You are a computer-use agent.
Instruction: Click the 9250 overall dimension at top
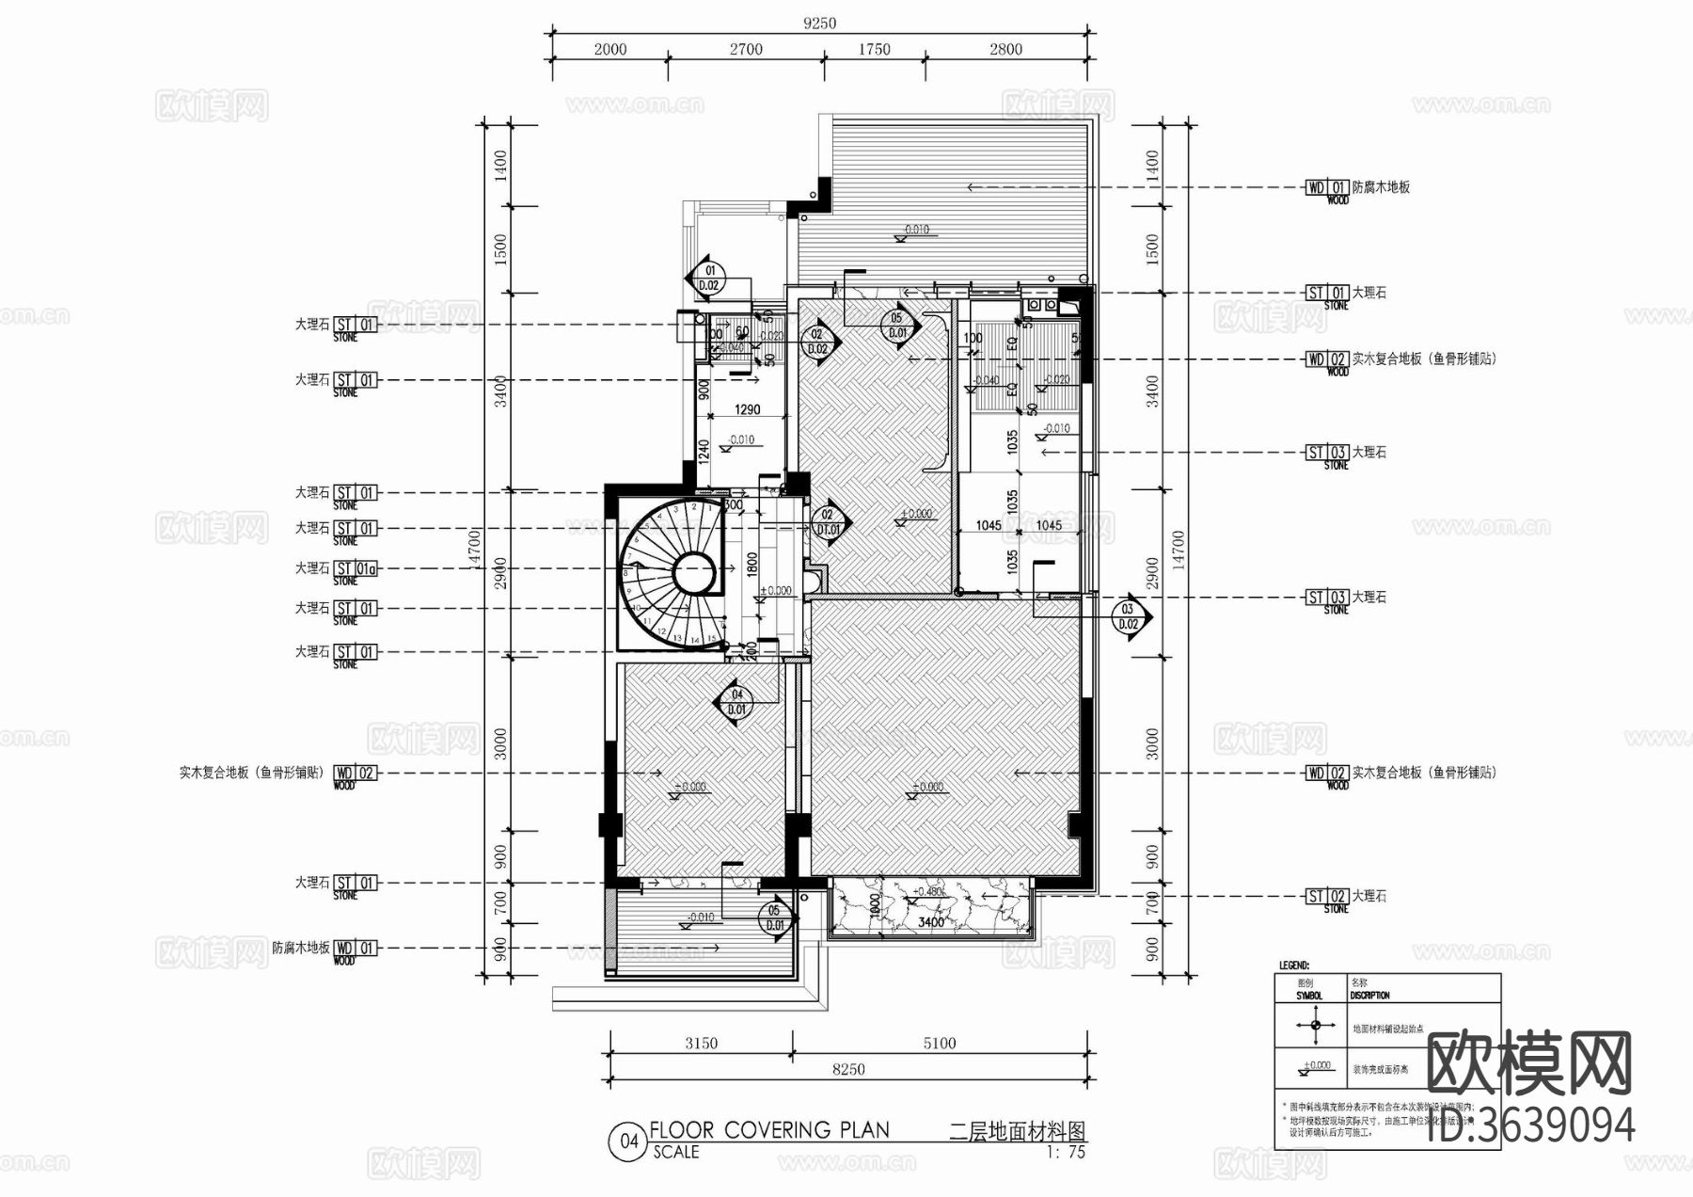tap(819, 23)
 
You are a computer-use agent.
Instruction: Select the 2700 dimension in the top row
tap(746, 49)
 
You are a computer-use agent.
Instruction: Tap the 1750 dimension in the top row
tap(874, 49)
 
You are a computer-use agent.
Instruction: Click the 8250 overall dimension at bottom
tap(848, 1069)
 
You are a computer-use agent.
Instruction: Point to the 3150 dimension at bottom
tap(701, 1043)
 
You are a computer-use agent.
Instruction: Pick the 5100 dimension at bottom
tap(940, 1043)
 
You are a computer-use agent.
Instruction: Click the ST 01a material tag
tap(356, 568)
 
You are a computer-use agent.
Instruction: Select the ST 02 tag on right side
tap(1327, 896)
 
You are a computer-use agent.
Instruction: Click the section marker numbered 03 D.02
tap(1129, 616)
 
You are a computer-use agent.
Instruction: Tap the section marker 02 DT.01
tap(828, 522)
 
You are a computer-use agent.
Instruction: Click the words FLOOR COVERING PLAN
tap(769, 1130)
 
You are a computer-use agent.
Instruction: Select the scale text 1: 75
tap(1066, 1152)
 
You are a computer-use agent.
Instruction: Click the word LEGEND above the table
tap(1293, 966)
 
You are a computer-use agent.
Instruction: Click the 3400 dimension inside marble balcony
tap(931, 922)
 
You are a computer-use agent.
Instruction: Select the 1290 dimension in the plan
tap(747, 409)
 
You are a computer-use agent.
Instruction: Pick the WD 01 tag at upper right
tap(1327, 187)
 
